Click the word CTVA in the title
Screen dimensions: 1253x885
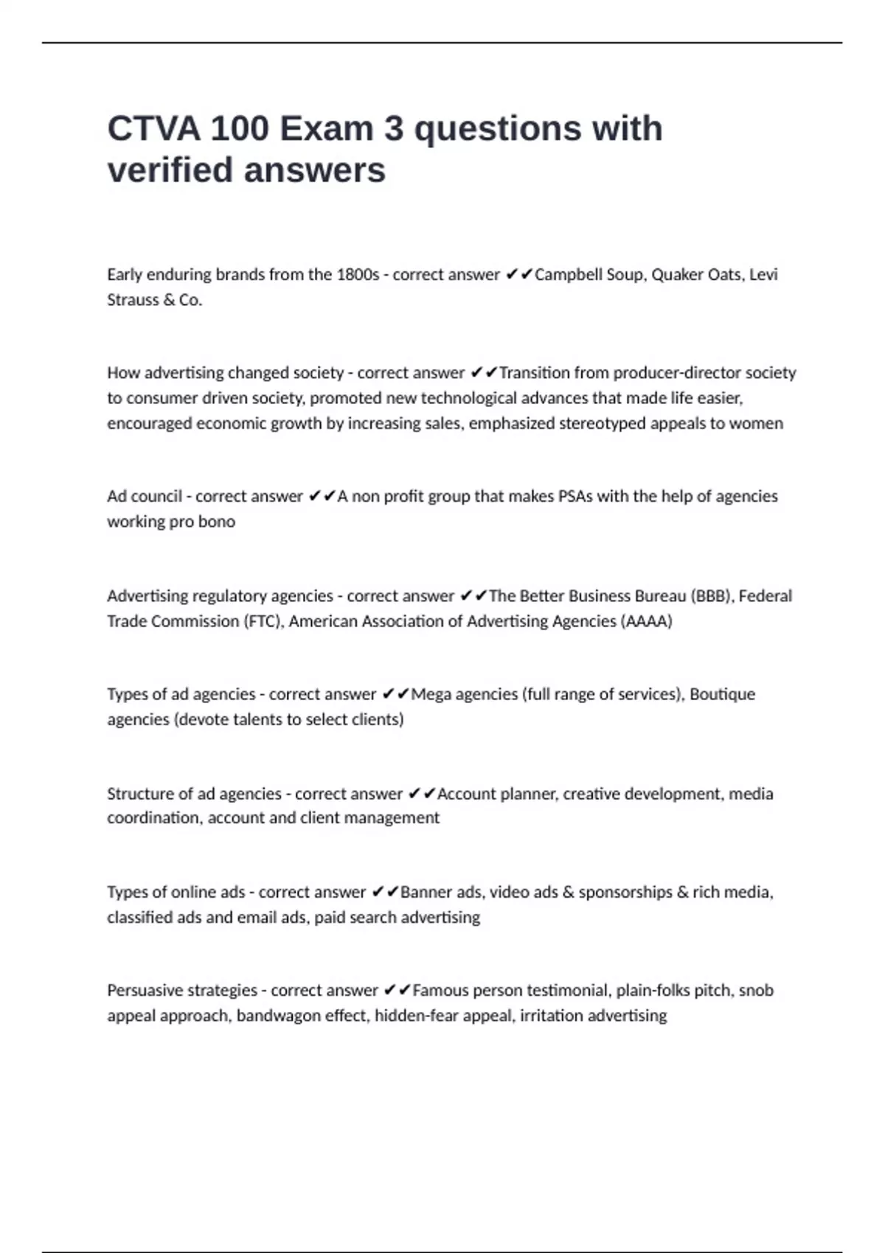(153, 129)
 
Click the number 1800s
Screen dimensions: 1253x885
(357, 275)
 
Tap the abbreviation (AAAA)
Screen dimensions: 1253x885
(647, 621)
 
